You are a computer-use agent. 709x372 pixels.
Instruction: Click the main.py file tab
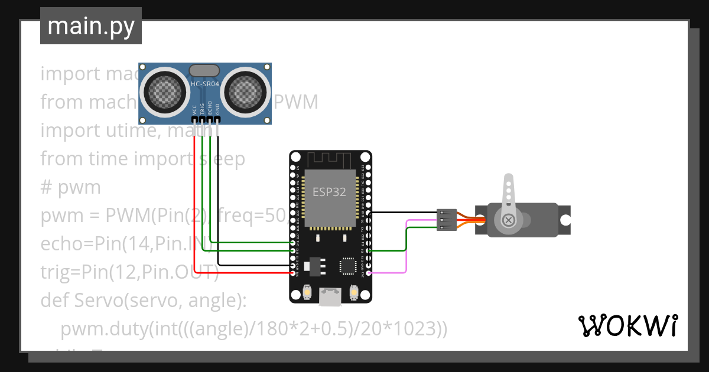click(90, 26)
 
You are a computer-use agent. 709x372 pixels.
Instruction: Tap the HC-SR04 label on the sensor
click(205, 84)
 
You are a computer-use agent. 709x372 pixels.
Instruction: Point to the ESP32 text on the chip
click(330, 192)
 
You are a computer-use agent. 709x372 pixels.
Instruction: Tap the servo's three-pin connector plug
click(445, 220)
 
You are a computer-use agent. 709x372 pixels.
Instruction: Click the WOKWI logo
click(627, 325)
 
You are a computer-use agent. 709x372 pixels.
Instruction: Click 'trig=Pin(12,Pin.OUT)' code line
click(129, 272)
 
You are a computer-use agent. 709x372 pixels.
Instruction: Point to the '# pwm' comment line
click(70, 187)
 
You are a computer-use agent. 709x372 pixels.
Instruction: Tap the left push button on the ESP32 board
click(307, 292)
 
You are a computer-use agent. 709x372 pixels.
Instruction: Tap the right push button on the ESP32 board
click(354, 292)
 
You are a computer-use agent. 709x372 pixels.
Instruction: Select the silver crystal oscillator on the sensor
click(204, 70)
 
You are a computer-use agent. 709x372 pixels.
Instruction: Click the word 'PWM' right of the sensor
click(295, 102)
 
